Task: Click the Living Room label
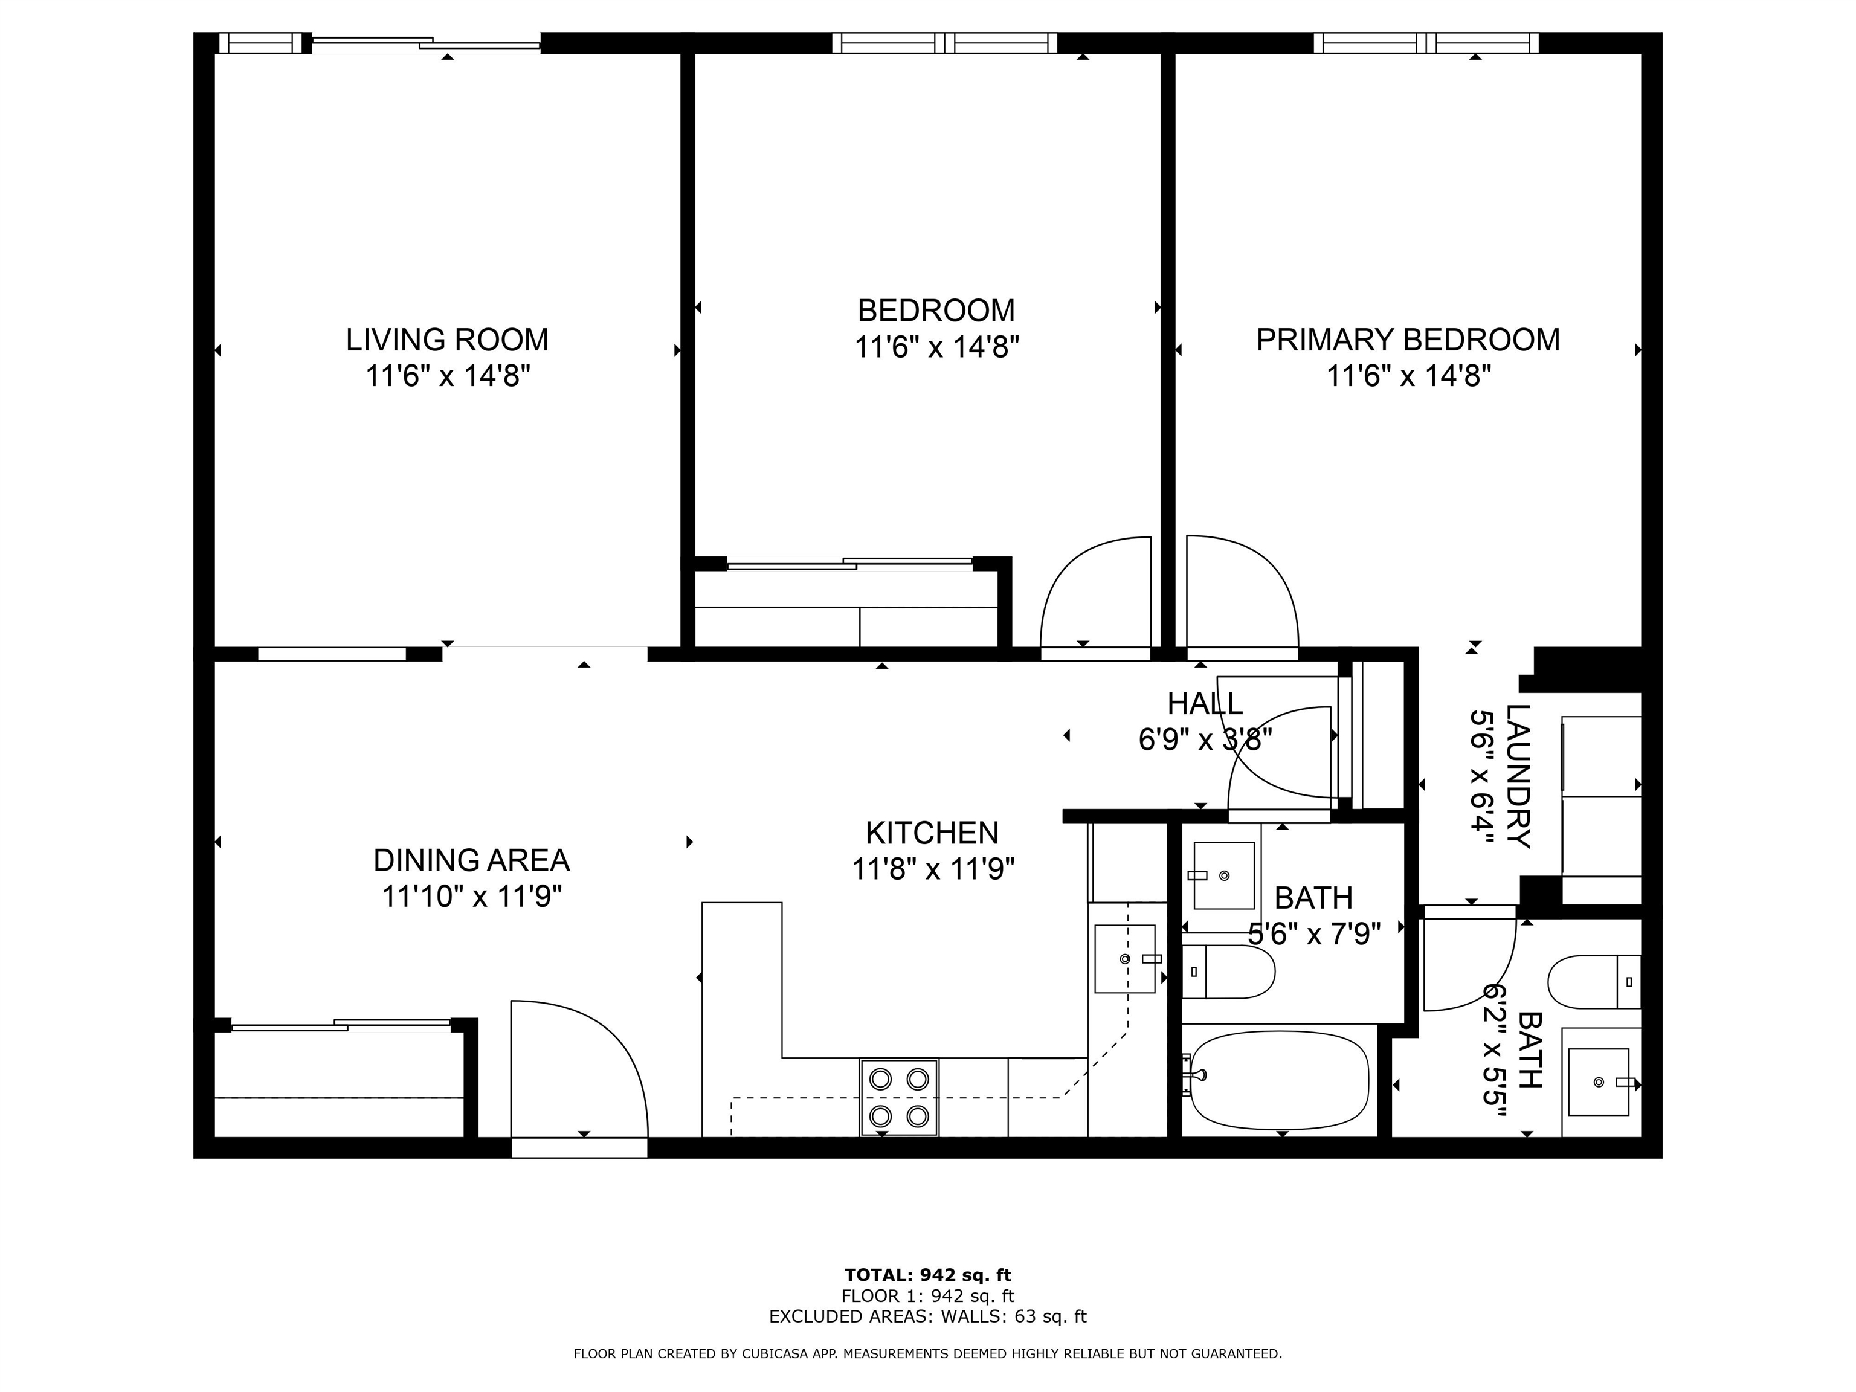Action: point(447,340)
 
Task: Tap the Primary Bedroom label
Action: point(1408,340)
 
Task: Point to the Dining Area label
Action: point(471,860)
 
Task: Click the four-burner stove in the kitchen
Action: point(898,1098)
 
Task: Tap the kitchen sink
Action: point(1124,958)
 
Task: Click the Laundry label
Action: point(1519,776)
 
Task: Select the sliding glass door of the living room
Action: point(427,43)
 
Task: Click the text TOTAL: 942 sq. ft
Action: point(928,1276)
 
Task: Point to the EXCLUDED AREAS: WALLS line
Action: point(928,1316)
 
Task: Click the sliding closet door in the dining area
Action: point(341,1025)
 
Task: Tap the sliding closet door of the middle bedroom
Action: point(849,564)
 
